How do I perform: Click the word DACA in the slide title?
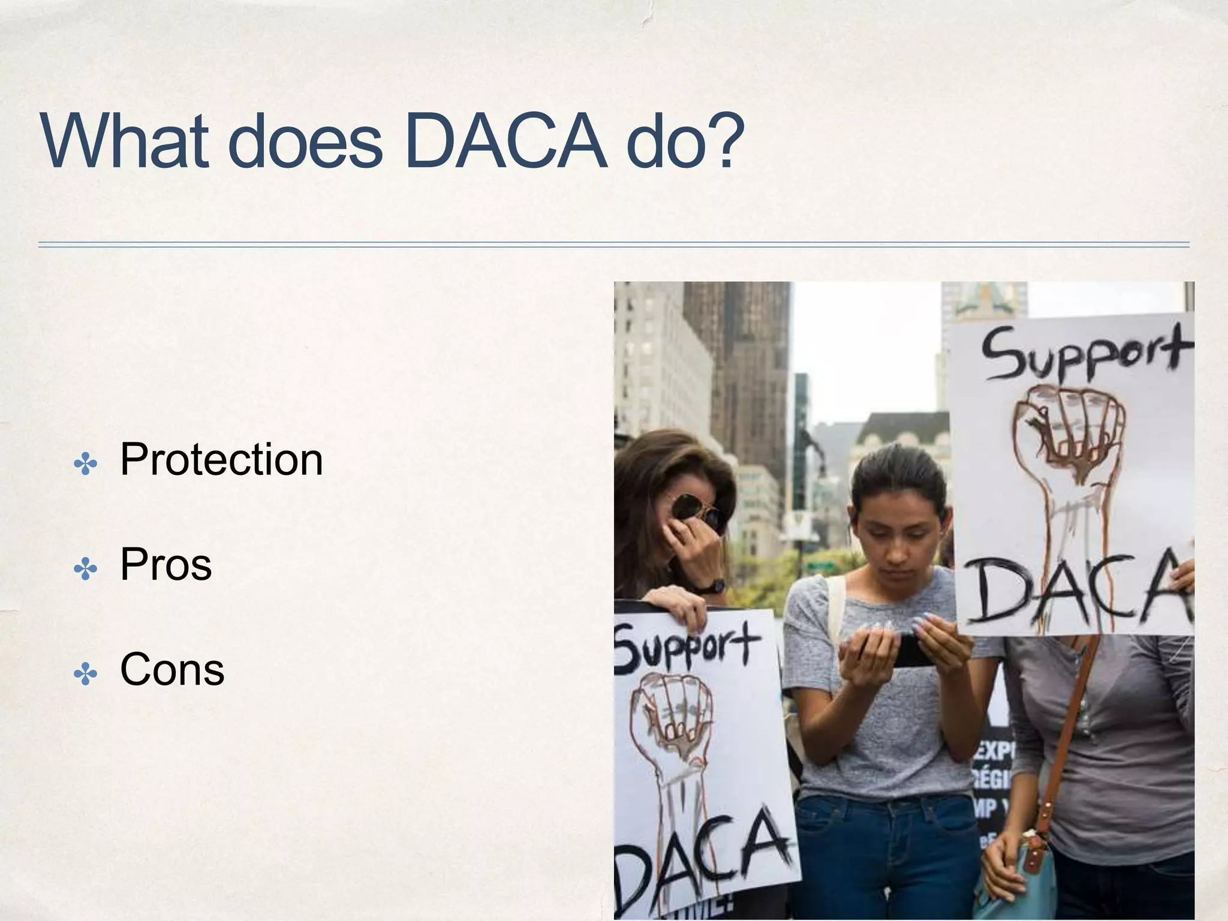505,142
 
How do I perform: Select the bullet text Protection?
221,459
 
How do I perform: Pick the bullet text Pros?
166,565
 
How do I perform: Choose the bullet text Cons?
172,670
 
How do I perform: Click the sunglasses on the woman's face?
696,510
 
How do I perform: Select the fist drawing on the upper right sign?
1067,432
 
